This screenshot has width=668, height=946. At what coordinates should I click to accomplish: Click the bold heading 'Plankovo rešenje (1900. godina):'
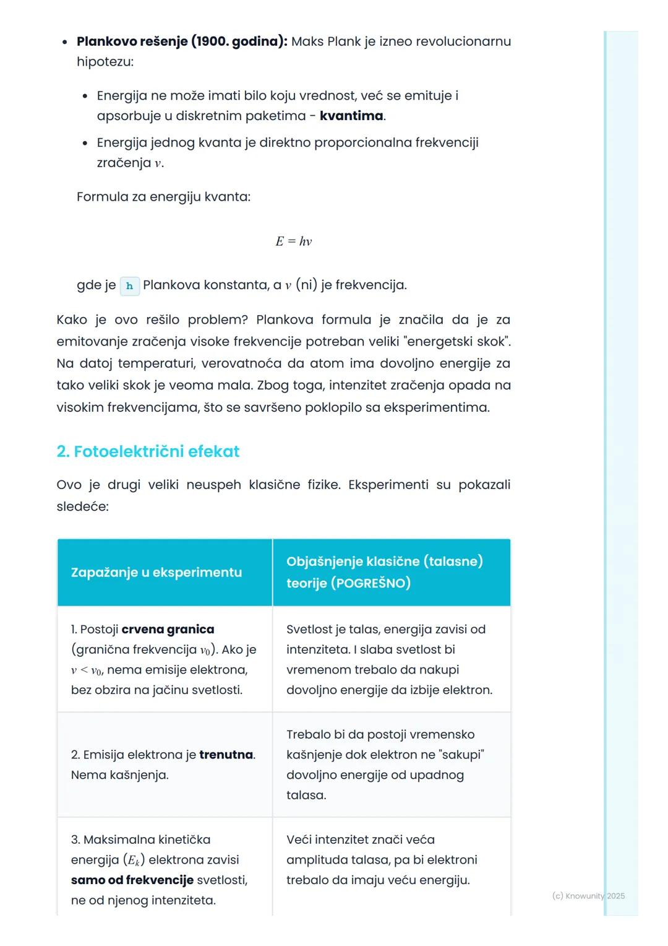tap(181, 41)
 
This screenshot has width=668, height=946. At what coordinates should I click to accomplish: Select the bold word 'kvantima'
tap(351, 116)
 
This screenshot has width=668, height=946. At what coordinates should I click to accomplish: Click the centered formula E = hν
tap(294, 241)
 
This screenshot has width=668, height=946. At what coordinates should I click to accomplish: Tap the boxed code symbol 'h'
tap(129, 286)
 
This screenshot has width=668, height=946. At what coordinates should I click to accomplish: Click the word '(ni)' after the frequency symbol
tap(306, 285)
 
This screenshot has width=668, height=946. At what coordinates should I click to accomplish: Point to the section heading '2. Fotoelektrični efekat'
tap(148, 451)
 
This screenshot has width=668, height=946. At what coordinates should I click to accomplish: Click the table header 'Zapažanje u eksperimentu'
tap(156, 572)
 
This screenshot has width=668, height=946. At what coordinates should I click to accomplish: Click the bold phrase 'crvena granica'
tap(168, 629)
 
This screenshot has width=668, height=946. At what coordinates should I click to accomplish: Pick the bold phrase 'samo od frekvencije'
tap(132, 880)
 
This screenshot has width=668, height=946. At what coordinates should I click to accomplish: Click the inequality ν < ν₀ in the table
tap(86, 670)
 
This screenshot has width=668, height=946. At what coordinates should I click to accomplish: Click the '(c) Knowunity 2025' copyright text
tap(588, 896)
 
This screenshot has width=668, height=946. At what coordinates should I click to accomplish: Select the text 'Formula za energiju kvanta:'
tap(163, 197)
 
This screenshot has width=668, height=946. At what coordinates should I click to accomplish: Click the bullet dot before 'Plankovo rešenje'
tap(64, 42)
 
